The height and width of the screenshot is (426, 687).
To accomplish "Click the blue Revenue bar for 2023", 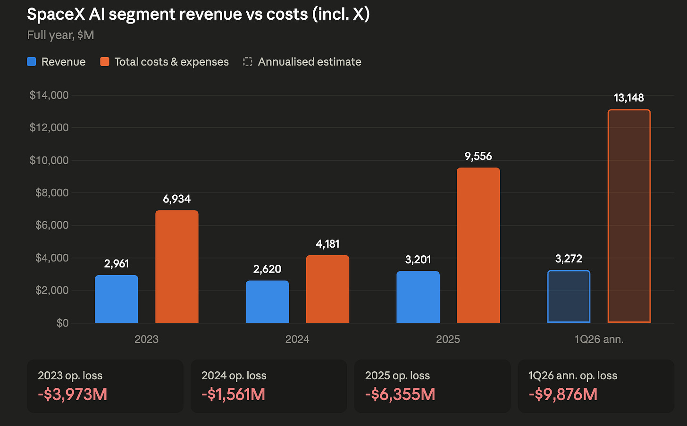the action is pyautogui.click(x=117, y=299).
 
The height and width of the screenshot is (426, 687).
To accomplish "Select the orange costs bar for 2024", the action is pyautogui.click(x=327, y=289).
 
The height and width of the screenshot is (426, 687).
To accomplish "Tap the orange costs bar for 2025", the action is pyautogui.click(x=478, y=245).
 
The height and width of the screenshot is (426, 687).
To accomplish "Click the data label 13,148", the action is pyautogui.click(x=628, y=98).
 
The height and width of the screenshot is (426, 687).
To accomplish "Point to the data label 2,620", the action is pyautogui.click(x=267, y=269).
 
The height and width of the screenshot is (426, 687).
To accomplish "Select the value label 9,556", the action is pyautogui.click(x=478, y=157).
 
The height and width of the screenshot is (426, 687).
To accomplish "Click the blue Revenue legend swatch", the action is pyautogui.click(x=32, y=62).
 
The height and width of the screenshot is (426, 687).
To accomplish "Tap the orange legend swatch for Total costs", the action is pyautogui.click(x=105, y=62).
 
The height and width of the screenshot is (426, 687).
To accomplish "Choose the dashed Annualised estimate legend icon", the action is pyautogui.click(x=248, y=62).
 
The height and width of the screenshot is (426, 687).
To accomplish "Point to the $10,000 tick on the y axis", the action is pyautogui.click(x=49, y=160).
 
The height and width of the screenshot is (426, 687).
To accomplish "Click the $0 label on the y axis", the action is pyautogui.click(x=63, y=323).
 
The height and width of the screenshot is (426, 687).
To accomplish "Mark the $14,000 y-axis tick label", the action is pyautogui.click(x=49, y=95).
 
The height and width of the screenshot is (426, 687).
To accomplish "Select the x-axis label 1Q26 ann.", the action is pyautogui.click(x=599, y=339).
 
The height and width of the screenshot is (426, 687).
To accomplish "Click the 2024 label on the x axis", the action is pyautogui.click(x=297, y=339).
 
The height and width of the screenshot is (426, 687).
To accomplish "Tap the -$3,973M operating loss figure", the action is pyautogui.click(x=73, y=394).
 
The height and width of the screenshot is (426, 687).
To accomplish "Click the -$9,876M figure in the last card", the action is pyautogui.click(x=563, y=394).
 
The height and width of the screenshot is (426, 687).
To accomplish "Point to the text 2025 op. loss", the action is pyautogui.click(x=397, y=376).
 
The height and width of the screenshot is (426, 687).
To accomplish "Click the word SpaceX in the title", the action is pyautogui.click(x=56, y=14).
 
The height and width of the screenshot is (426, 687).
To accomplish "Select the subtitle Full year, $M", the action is pyautogui.click(x=60, y=35).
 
